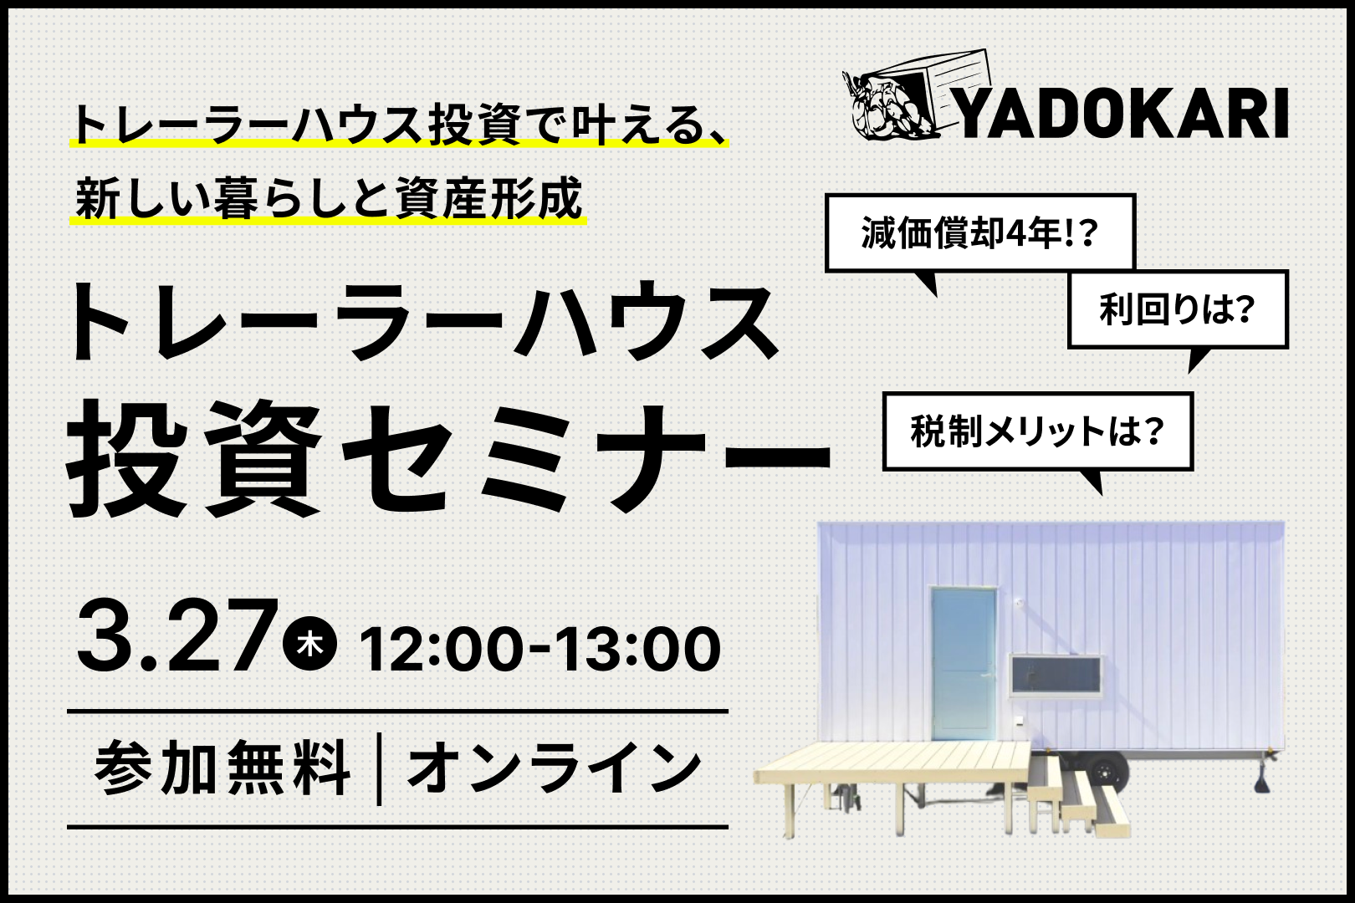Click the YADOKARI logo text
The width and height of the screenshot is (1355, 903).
pyautogui.click(x=1122, y=114)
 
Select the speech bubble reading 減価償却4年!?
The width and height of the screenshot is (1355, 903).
pyautogui.click(x=980, y=232)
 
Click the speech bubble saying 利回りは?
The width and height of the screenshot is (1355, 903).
pyautogui.click(x=1178, y=309)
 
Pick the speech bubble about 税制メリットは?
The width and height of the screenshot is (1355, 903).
pyautogui.click(x=1037, y=431)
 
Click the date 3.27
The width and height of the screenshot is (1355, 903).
pyautogui.click(x=176, y=635)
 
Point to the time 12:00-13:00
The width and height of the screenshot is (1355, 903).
pyautogui.click(x=539, y=648)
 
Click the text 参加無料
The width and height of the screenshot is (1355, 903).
pyautogui.click(x=222, y=768)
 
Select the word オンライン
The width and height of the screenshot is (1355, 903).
pyautogui.click(x=555, y=768)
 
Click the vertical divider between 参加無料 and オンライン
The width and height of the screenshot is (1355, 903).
pyautogui.click(x=379, y=768)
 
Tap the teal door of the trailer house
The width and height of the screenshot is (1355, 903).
pyautogui.click(x=963, y=663)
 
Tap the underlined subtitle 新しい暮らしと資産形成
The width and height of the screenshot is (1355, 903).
pyautogui.click(x=329, y=198)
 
